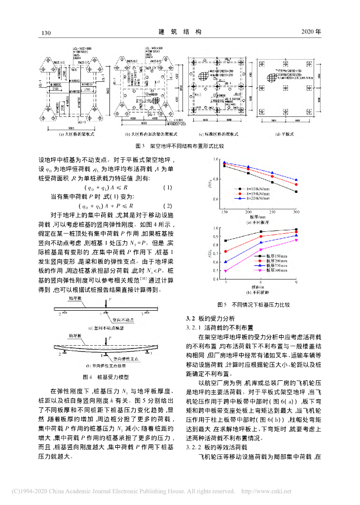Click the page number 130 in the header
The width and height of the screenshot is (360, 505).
tap(47, 32)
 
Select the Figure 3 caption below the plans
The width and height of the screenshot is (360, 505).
tap(180, 146)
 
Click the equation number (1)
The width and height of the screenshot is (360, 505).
tap(167, 187)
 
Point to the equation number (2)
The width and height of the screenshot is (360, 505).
tap(167, 206)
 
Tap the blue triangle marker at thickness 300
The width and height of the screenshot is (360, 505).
tap(296, 180)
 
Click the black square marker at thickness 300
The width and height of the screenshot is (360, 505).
tap(296, 191)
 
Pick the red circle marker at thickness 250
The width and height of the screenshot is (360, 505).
tap(272, 176)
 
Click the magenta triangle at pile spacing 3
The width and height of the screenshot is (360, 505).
tap(226, 271)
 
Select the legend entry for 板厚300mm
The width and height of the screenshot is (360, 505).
tap(274, 271)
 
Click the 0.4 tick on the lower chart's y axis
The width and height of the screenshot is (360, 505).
tap(216, 280)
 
